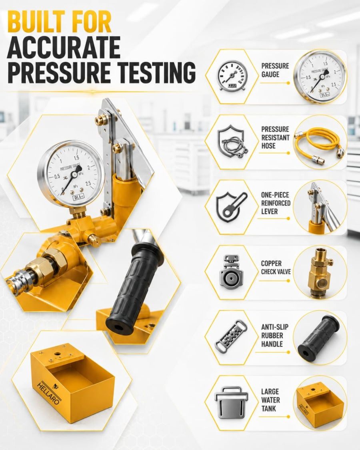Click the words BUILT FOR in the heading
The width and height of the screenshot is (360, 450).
60,22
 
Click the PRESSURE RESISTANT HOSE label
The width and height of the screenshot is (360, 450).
275,138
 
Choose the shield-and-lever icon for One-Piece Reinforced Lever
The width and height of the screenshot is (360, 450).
231,207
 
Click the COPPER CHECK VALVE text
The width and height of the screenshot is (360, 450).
276,268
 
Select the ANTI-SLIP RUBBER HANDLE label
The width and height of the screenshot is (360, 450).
275,335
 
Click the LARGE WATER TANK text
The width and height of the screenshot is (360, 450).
270,400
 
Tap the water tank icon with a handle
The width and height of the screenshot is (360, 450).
231,402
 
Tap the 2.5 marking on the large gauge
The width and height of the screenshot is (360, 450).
88,184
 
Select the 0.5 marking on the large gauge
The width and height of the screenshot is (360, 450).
57,176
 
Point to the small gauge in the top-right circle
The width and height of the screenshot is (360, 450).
320,77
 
